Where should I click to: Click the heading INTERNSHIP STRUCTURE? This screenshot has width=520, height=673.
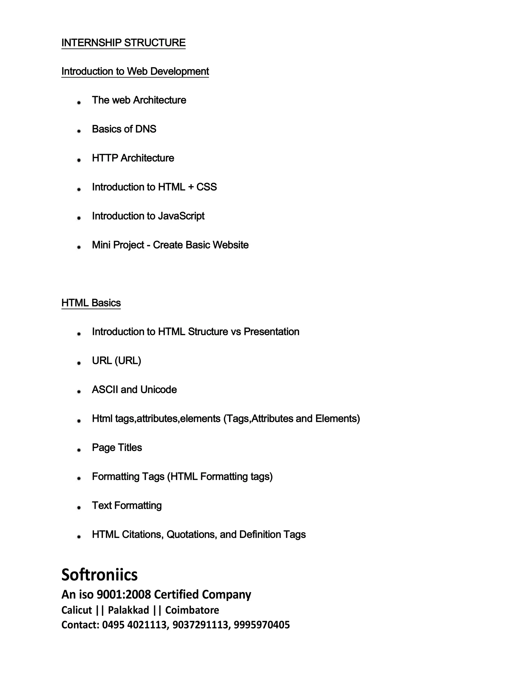[x=123, y=42]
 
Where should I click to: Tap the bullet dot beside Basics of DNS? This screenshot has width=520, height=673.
[x=79, y=131]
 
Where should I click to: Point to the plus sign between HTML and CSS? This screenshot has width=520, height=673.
[x=191, y=187]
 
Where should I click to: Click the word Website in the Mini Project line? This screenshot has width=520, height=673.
[x=231, y=245]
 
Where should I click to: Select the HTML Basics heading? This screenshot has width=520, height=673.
[x=91, y=303]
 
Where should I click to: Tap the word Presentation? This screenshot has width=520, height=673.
[x=271, y=332]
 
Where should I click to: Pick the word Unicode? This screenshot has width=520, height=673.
[x=158, y=390]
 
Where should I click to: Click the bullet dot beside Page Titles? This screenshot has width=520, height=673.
[x=79, y=450]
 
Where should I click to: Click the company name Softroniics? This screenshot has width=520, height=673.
[x=100, y=575]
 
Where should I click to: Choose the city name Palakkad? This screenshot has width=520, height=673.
[x=128, y=610]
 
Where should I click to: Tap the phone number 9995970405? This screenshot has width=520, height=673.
[x=262, y=625]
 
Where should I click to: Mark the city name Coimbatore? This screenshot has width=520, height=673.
[x=192, y=610]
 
